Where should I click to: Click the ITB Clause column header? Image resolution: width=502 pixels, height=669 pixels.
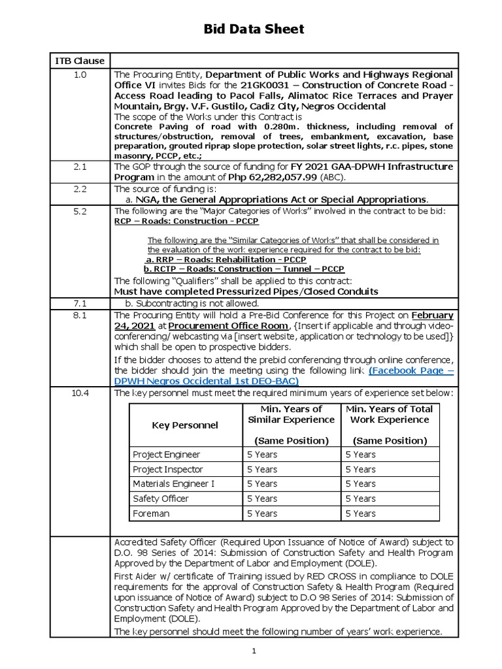coord(79,61)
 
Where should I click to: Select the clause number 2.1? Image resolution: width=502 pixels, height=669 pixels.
coord(79,167)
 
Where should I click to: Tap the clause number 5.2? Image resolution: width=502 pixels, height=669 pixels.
coord(79,210)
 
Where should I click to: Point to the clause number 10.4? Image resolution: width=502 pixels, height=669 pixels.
coord(79,393)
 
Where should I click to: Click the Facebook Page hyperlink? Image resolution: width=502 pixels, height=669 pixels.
coord(411,370)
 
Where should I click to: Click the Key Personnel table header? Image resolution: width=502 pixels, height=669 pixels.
coord(185,425)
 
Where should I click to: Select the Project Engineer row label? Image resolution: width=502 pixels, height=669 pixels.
coord(166,455)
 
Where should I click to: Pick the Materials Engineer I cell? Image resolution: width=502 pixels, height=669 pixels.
coord(173,484)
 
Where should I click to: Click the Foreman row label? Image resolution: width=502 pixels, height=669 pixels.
coord(151,514)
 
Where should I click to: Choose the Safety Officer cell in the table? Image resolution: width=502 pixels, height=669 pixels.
coord(160,498)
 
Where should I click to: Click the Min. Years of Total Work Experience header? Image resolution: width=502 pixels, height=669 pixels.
coord(390,414)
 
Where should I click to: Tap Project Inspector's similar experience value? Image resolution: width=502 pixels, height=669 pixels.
coord(261,469)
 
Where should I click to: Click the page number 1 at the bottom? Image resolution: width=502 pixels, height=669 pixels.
coord(254,651)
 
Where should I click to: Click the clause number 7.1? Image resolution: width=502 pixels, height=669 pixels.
coord(79,303)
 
